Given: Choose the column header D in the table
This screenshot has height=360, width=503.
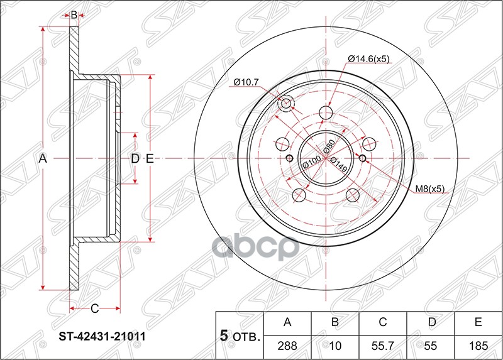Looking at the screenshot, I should point(431,323).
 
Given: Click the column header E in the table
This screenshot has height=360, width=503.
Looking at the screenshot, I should point(478,323).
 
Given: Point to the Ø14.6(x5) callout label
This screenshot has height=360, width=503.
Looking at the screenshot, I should point(368,59).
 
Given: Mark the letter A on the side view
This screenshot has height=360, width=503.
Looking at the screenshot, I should point(43,160).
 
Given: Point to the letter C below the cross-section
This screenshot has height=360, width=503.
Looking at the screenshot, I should point(94,308).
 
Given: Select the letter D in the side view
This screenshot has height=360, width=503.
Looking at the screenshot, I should point(134,160).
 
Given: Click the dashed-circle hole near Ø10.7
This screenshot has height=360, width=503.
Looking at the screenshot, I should point(286,104).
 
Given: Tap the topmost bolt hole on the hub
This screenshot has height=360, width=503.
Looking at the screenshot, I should point(326,112).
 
